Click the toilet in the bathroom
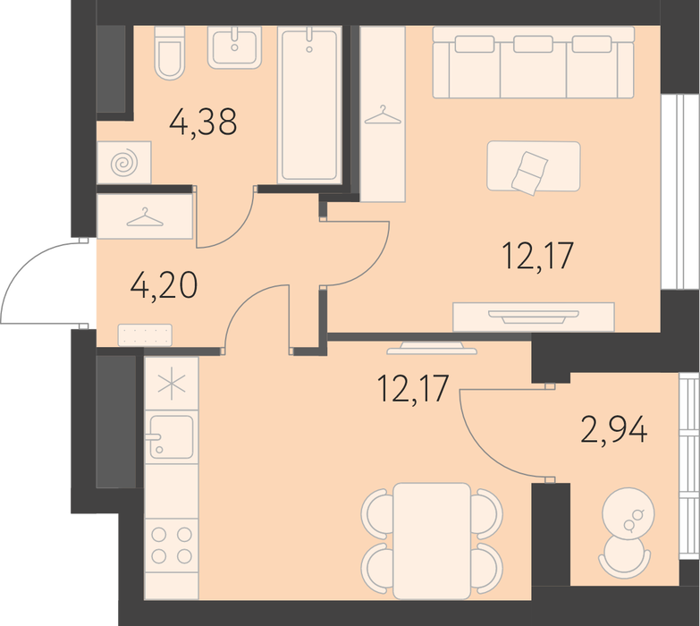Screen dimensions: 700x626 (170, 53)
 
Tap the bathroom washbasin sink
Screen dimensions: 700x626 (234, 47)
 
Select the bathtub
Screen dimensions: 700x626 (309, 105)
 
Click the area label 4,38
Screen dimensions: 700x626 (203, 122)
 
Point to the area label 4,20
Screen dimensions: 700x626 (164, 285)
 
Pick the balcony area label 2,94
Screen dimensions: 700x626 (614, 429)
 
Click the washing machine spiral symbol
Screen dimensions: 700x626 (124, 163)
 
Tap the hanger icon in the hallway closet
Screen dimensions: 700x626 (145, 217)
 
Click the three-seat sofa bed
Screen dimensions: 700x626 (534, 62)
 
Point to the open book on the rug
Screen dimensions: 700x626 (529, 173)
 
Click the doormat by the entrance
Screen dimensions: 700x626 (145, 334)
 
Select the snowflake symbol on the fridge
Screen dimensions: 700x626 (172, 384)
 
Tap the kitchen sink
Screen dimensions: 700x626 (172, 437)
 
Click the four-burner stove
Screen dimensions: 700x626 (172, 546)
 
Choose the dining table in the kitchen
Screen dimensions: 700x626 (432, 541)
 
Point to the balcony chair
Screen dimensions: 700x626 (624, 557)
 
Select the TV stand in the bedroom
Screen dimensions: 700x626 (534, 317)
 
